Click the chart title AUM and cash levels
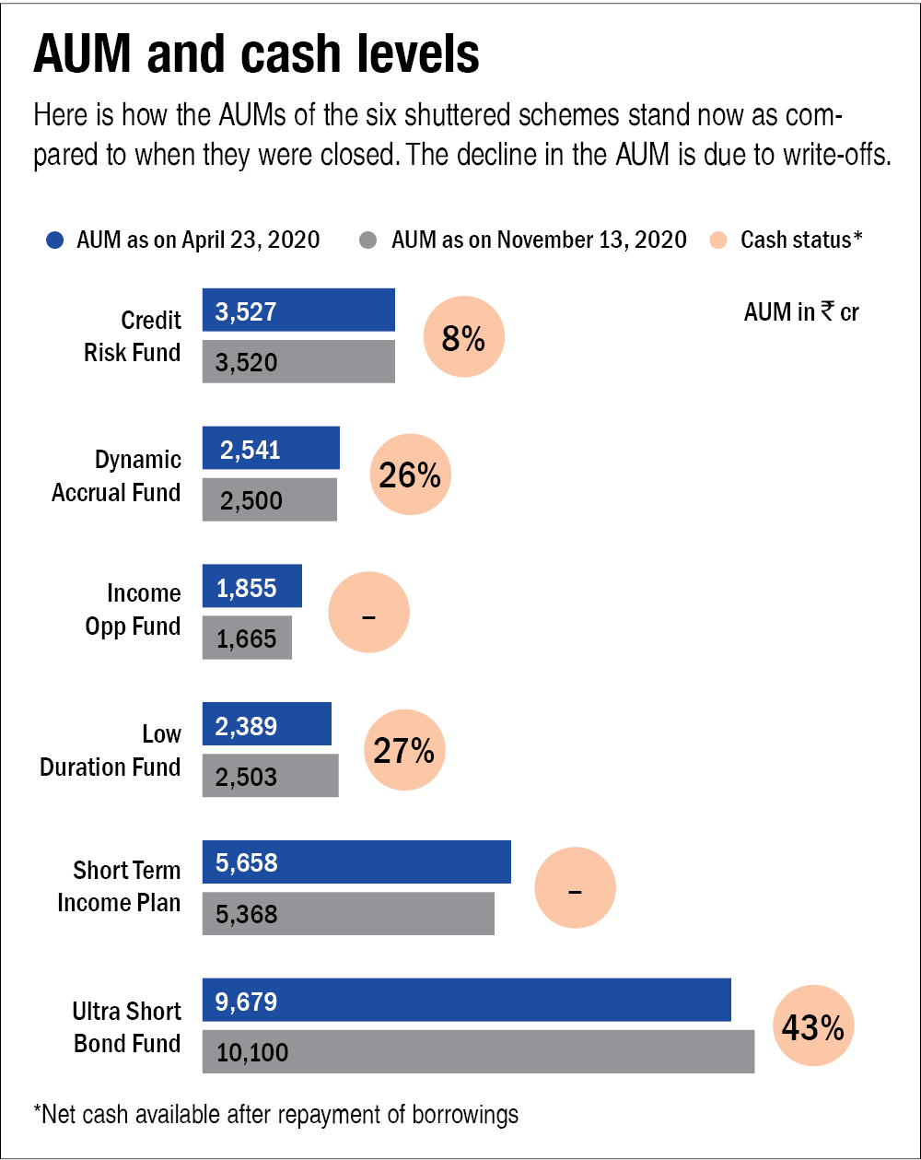coord(256,55)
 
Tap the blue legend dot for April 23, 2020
coord(55,240)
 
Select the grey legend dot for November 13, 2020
coord(367,240)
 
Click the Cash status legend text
coord(801,240)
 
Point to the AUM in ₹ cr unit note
coord(801,312)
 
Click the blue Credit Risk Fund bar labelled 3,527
coord(298,310)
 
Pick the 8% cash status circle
coord(463,337)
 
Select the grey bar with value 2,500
coord(270,499)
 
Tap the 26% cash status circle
coord(410,475)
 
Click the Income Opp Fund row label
coord(133,610)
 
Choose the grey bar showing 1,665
coord(247,638)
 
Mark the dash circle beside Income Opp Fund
coord(368,613)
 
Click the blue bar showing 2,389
coord(267,724)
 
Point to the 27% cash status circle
coord(404,751)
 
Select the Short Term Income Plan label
coord(119,886)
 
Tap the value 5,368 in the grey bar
coord(247,915)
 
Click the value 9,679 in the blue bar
coord(247,1001)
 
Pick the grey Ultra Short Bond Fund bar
coord(478,1052)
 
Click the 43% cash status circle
coord(813,1027)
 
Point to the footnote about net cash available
coord(276,1115)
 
